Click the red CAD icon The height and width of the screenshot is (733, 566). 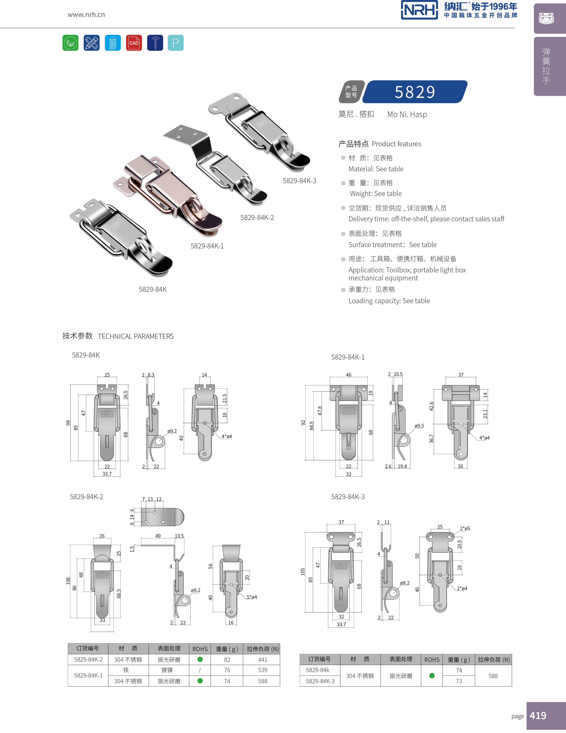point(134,43)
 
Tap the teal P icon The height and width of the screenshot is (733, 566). point(175,43)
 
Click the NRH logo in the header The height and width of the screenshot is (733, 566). point(419,10)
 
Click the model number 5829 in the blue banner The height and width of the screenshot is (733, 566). point(415,92)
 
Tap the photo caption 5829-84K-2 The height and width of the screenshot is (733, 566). point(257,217)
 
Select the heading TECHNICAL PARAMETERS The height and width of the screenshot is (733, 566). point(136,336)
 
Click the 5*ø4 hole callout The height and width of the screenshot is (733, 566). point(252,597)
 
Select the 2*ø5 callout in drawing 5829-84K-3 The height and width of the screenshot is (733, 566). point(465,529)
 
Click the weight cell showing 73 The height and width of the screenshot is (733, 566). point(459,681)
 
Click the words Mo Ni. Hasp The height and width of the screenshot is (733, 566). point(407,115)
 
